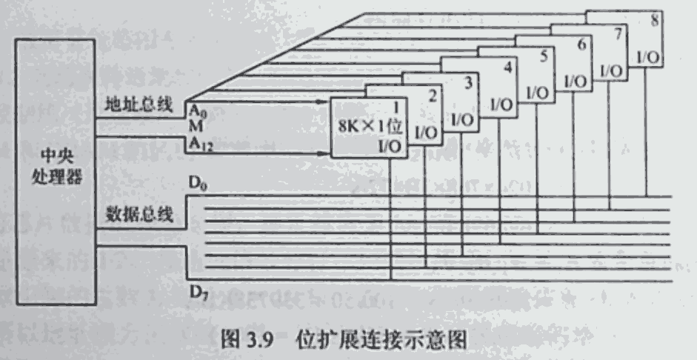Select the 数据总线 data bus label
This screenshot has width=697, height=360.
coord(139,216)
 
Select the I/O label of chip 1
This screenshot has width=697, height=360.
coord(390,146)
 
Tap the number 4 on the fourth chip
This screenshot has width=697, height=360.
coord(506,68)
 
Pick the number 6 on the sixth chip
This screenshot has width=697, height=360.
coord(581,43)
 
